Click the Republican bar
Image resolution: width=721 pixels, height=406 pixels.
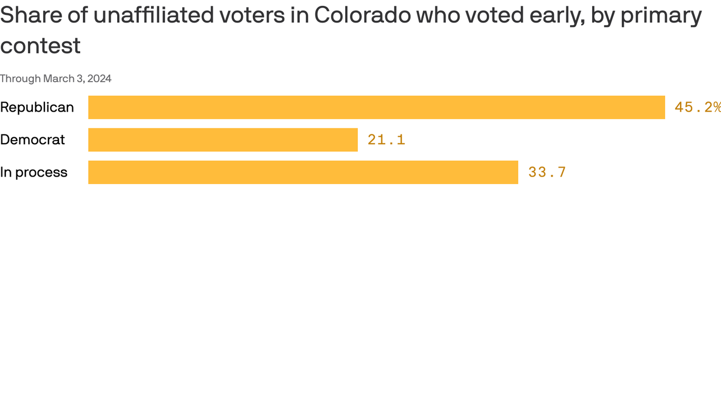click(x=376, y=107)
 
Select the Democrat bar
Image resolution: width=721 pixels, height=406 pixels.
click(x=223, y=140)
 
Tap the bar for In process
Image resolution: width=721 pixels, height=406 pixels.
click(x=303, y=172)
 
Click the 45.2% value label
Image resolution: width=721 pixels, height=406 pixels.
click(x=697, y=107)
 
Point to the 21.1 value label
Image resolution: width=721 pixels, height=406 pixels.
click(x=386, y=140)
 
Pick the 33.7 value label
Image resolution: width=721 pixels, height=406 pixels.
click(x=547, y=172)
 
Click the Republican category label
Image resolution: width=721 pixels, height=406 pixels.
click(x=37, y=107)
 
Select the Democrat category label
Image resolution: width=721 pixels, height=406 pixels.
click(x=32, y=140)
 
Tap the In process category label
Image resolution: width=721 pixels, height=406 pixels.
click(x=34, y=172)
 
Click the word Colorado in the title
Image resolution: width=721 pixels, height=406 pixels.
click(x=362, y=15)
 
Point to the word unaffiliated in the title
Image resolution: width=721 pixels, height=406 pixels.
click(x=154, y=15)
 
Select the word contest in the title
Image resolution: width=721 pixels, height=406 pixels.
click(x=40, y=46)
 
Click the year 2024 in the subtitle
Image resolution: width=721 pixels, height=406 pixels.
click(x=99, y=79)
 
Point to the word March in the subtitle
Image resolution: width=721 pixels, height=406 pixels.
click(x=59, y=79)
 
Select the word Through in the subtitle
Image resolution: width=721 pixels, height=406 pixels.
click(x=20, y=79)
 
